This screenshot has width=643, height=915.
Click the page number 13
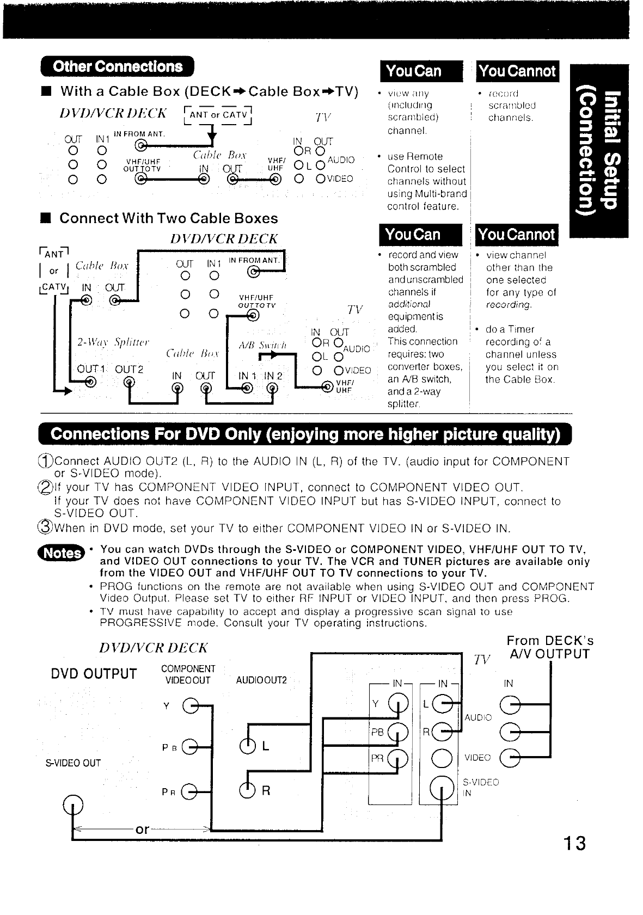coord(574,843)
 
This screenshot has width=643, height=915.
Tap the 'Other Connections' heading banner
coord(118,67)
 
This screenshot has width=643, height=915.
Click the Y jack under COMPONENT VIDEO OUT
coord(189,706)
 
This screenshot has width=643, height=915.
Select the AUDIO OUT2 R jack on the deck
coord(247,790)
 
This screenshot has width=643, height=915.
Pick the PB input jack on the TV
coord(397,732)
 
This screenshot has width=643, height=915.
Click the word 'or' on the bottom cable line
coord(142,829)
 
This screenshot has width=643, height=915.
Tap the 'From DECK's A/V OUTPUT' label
coord(549,647)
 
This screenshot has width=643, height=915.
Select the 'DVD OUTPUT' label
coord(94,674)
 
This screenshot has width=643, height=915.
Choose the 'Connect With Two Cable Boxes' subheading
coord(168,218)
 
